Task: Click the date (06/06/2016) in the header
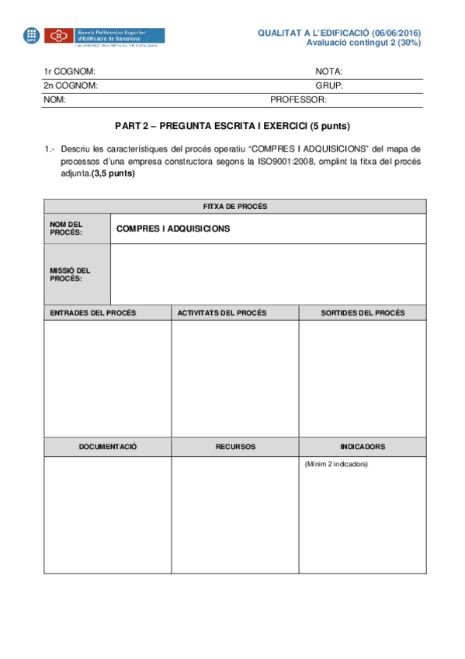[x=396, y=33]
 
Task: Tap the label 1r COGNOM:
[x=69, y=71]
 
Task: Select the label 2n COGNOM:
[x=70, y=85]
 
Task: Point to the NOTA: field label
[x=329, y=71]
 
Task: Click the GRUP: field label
[x=329, y=85]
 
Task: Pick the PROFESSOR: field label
[x=298, y=100]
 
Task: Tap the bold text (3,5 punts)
[x=113, y=173]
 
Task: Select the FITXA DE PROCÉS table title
[x=234, y=206]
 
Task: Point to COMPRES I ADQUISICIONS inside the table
[x=172, y=229]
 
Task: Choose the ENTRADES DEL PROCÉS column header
[x=93, y=312]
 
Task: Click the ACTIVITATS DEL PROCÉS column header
[x=222, y=312]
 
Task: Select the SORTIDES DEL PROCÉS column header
[x=363, y=312]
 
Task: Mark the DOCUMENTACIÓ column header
[x=108, y=447]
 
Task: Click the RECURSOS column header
[x=235, y=447]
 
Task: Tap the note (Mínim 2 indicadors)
[x=336, y=464]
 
